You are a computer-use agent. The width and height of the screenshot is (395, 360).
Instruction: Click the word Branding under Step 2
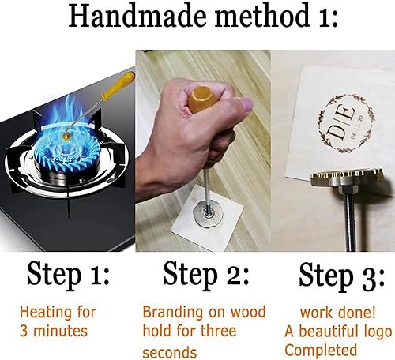(168, 312)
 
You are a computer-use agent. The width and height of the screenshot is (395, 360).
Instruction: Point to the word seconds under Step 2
(170, 351)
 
